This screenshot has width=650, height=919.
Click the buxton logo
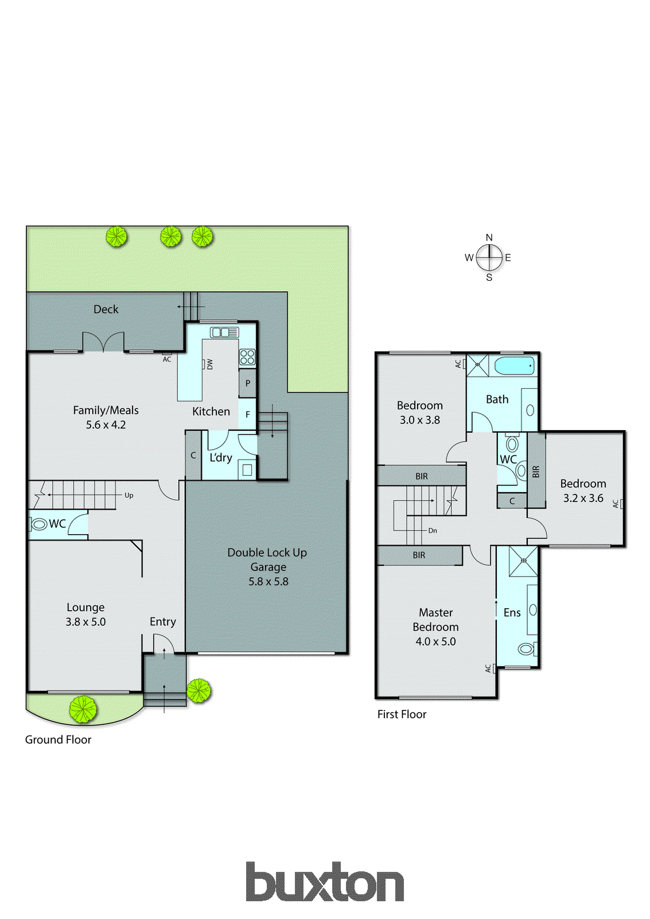[325, 882]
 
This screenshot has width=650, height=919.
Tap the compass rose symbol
[489, 257]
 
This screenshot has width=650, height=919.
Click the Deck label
[106, 309]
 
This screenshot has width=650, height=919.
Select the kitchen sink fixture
[224, 332]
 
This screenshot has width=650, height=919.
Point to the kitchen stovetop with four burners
[247, 357]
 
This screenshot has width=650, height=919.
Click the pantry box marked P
[247, 383]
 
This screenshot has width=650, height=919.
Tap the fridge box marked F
[247, 414]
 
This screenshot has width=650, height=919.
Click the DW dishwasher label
[209, 364]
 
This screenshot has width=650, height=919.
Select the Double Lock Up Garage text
[267, 559]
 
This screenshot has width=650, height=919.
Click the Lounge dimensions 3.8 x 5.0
[85, 622]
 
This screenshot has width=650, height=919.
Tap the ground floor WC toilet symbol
[40, 524]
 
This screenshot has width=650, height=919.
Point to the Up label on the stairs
[129, 495]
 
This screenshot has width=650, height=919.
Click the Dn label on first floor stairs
[433, 531]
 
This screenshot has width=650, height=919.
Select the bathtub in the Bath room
[515, 365]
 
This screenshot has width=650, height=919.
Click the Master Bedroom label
[435, 620]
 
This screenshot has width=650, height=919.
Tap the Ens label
[512, 613]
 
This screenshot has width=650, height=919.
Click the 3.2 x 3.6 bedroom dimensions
[583, 499]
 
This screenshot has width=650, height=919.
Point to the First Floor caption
[402, 715]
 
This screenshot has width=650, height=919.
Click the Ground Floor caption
[58, 740]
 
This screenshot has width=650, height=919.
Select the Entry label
[162, 621]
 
